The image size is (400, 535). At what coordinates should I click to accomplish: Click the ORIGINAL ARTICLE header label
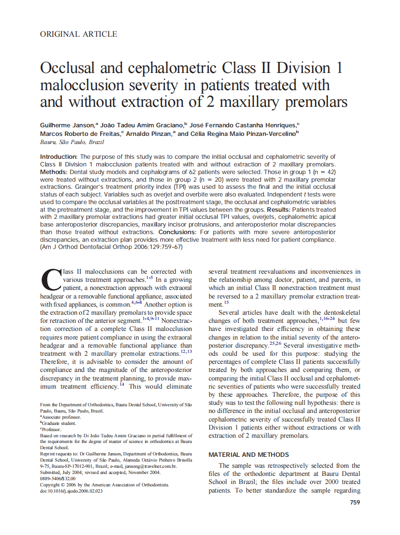pyautogui.click(x=78, y=34)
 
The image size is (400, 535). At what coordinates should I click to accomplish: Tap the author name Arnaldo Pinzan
pyautogui.click(x=149, y=134)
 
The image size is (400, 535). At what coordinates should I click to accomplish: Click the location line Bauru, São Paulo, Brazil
pyautogui.click(x=72, y=142)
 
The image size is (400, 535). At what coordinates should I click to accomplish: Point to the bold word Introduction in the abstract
pyautogui.click(x=58, y=156)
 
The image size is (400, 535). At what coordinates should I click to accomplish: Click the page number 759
pyautogui.click(x=355, y=502)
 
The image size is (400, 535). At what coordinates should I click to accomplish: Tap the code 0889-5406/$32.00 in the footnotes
pyautogui.click(x=57, y=478)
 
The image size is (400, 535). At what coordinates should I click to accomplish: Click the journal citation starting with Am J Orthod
pyautogui.click(x=112, y=247)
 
